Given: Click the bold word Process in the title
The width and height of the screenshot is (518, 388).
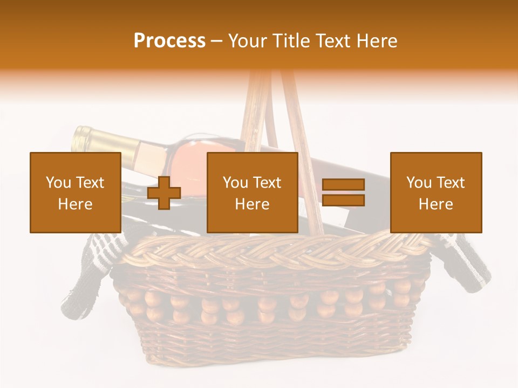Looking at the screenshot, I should coord(169,40).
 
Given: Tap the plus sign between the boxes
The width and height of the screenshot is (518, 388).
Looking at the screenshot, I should coord(164,193).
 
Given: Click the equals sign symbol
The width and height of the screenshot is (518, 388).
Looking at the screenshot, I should coord(343,192).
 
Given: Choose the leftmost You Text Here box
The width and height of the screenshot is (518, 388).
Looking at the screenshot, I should coord(76,192).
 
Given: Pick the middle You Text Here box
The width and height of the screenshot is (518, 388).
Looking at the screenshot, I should coord(253,192).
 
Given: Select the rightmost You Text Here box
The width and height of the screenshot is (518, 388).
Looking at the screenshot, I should coord(436,192).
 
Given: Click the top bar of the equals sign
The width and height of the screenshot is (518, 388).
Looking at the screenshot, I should coord(343,185).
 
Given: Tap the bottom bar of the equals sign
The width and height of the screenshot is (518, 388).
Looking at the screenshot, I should coord(343,200).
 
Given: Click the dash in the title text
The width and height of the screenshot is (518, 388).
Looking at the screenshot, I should coord(216,41).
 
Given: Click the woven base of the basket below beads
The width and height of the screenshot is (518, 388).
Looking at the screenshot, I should coord(270,342).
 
